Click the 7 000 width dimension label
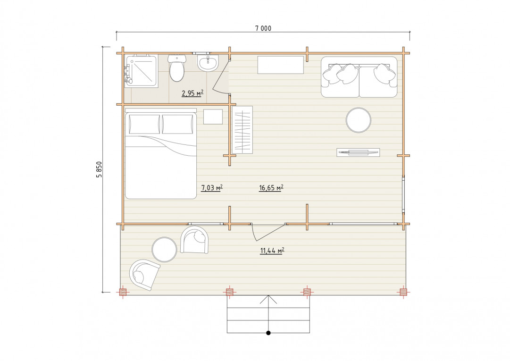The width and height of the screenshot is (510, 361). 263,28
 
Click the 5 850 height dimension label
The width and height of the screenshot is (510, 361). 99,169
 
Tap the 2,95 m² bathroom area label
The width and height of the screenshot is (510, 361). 192,93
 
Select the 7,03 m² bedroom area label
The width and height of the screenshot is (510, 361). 212,188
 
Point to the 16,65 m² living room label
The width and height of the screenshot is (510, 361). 271,188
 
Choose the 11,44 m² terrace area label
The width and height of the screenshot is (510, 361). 272,251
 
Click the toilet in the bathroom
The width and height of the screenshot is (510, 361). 177,68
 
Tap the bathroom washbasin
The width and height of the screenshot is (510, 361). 208,63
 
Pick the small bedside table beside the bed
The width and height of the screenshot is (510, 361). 213,117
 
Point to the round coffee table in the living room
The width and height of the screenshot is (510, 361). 359,120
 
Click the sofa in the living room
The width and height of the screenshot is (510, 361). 359,77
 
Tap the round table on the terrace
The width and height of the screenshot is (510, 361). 164,250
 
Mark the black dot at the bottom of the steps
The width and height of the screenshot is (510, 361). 268,333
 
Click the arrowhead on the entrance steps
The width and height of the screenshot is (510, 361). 268,299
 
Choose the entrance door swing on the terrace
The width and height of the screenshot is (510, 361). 268,232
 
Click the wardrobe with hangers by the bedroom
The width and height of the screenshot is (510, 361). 242,130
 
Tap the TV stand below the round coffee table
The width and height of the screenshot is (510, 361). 358,152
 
